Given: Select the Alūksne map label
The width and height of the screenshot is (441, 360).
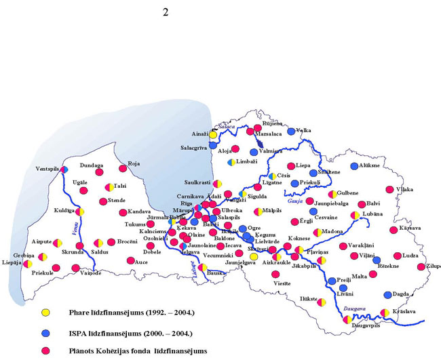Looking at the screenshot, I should pyautogui.click(x=375, y=165).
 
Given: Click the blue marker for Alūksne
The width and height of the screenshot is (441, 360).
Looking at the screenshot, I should pyautogui.click(x=354, y=165).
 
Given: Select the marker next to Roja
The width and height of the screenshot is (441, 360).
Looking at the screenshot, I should pyautogui.click(x=123, y=168).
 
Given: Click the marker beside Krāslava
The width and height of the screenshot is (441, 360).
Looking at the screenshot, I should pyautogui.click(x=385, y=313).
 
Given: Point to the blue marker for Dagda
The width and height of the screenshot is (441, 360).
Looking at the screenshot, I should pyautogui.click(x=387, y=295).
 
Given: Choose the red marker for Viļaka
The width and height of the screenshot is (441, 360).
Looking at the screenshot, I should pyautogui.click(x=389, y=190).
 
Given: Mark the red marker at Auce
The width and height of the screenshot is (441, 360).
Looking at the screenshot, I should pyautogui.click(x=130, y=260).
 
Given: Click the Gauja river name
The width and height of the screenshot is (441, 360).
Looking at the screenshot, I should pyautogui.click(x=294, y=202).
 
